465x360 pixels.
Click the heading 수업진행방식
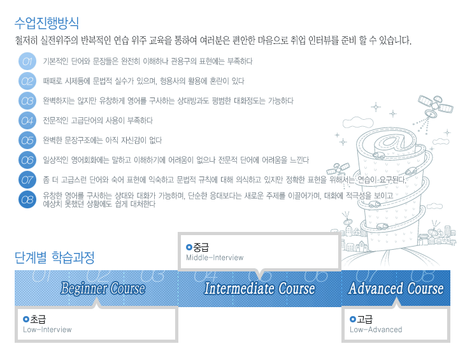tap(46, 23)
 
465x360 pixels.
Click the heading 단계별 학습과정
tap(54, 257)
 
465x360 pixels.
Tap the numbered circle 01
tap(27, 61)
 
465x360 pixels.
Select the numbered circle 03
tap(27, 101)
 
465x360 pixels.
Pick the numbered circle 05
tap(27, 140)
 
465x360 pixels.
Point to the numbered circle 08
tap(27, 199)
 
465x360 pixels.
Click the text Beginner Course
tap(103, 288)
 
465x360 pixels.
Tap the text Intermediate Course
tap(259, 288)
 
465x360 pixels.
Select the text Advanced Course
tap(396, 288)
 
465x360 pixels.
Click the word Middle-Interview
tap(215, 257)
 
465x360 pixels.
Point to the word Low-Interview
tap(47, 329)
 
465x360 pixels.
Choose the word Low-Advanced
tap(376, 329)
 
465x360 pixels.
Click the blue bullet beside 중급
tap(189, 247)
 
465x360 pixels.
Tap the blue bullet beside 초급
tap(26, 319)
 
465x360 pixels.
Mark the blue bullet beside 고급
tap(353, 319)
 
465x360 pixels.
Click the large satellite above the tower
tap(435, 106)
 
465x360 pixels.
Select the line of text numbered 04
tap(98, 120)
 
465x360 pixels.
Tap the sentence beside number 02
tap(143, 82)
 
